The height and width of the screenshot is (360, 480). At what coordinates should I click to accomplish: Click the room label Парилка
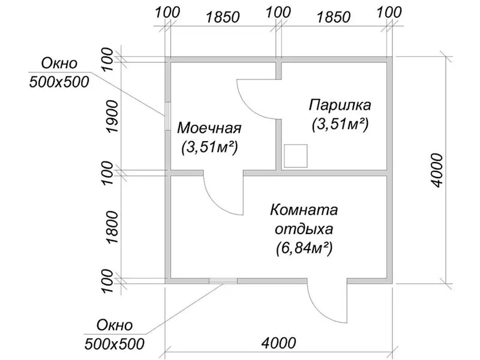coord(340,105)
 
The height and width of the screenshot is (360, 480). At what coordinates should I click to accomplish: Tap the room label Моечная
coord(209,128)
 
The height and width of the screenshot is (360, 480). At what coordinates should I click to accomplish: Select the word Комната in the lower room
coord(304,211)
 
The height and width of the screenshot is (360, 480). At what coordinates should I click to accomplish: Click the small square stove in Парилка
coord(296,156)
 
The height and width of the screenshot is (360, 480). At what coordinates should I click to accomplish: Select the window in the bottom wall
coord(223,280)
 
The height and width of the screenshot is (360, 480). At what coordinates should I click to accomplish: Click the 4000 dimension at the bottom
coord(279,343)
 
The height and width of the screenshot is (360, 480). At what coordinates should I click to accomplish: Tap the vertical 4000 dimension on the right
coord(436,170)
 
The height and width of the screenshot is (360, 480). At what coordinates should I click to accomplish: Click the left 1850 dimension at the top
coord(221,16)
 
